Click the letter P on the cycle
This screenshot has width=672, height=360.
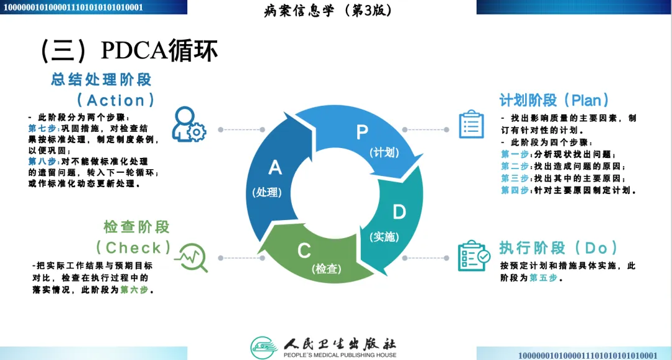362,132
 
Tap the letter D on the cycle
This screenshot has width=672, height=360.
399,212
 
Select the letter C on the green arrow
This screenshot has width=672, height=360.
304,251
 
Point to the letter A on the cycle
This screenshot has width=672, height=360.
274,168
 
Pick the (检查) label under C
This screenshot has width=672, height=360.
326,269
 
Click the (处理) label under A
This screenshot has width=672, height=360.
267,192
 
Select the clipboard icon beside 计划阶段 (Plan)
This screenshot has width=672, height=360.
471,124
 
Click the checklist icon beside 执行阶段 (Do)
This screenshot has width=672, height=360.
473,256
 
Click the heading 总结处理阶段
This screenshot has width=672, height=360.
101,80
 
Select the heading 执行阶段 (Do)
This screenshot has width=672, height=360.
558,248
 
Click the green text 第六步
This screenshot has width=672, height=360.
134,290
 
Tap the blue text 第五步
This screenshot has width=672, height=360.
543,278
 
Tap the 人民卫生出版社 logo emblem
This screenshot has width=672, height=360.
264,346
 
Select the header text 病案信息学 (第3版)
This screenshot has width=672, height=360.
329,11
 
